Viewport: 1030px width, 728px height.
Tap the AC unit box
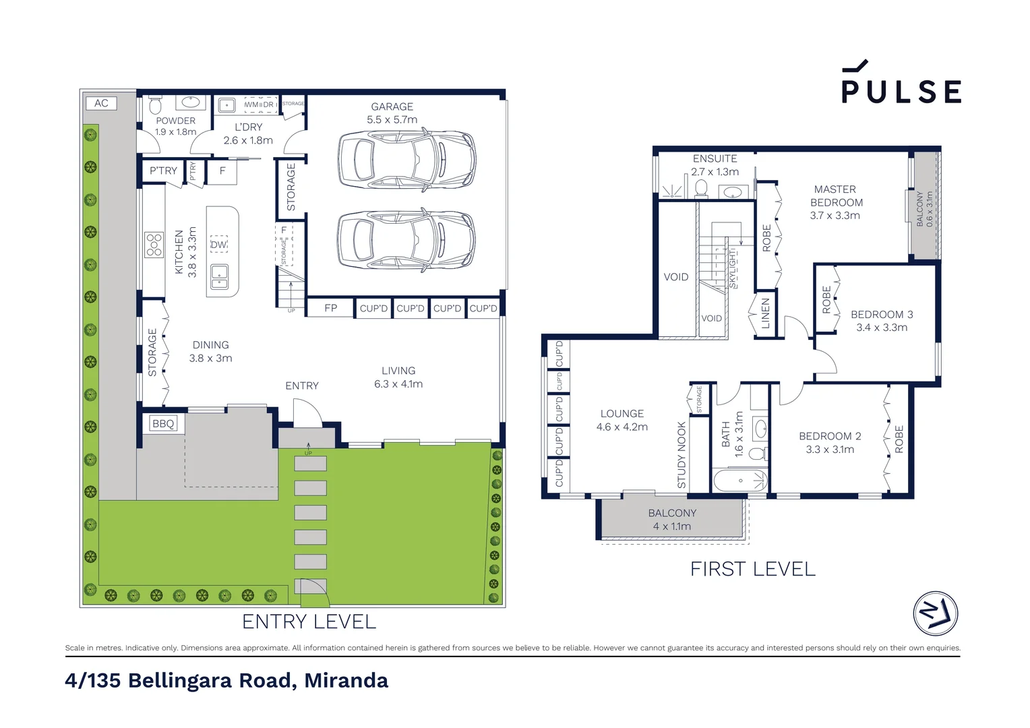101,103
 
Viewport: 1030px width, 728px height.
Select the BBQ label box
163,423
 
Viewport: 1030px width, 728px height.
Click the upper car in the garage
406,159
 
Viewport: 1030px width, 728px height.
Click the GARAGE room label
392,107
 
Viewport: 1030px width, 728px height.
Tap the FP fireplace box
330,308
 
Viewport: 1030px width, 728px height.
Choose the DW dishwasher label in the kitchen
218,245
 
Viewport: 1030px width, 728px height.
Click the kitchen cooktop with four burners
154,245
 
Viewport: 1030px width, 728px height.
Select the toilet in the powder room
155,107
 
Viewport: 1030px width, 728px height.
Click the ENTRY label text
301,386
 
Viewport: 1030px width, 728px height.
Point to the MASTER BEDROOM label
835,196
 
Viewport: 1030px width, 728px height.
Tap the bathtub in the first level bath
740,481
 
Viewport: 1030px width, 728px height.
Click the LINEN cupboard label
765,313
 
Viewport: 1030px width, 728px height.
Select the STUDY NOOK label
681,455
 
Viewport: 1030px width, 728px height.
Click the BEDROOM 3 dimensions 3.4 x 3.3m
882,328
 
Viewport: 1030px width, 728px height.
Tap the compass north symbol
935,613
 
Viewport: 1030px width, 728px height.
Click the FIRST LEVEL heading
752,569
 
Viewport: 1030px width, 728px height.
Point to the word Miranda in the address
346,681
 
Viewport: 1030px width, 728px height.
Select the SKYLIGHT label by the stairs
733,268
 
